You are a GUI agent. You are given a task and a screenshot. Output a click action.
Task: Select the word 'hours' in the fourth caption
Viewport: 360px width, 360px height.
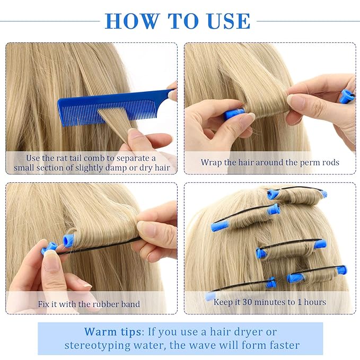tap(314, 302)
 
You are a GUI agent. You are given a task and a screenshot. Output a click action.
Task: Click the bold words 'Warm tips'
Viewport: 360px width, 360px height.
tap(111, 332)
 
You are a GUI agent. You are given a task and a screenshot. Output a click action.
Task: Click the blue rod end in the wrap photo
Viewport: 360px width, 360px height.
tap(233, 113)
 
